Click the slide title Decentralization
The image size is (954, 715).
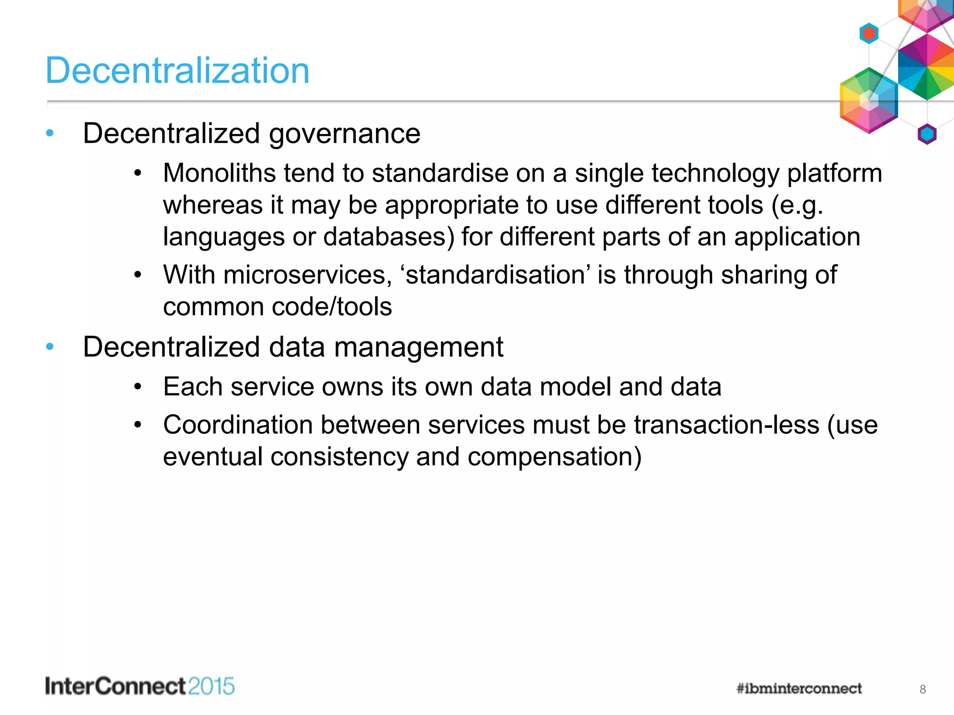[177, 71]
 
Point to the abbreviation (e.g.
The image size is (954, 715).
[797, 206]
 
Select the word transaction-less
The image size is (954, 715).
[726, 425]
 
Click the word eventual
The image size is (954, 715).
[213, 457]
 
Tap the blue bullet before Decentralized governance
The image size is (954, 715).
[50, 134]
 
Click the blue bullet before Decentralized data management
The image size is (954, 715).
[50, 347]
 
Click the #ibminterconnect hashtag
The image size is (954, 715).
[799, 688]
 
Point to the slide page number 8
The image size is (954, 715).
[922, 689]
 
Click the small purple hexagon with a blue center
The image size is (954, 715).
[927, 134]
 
